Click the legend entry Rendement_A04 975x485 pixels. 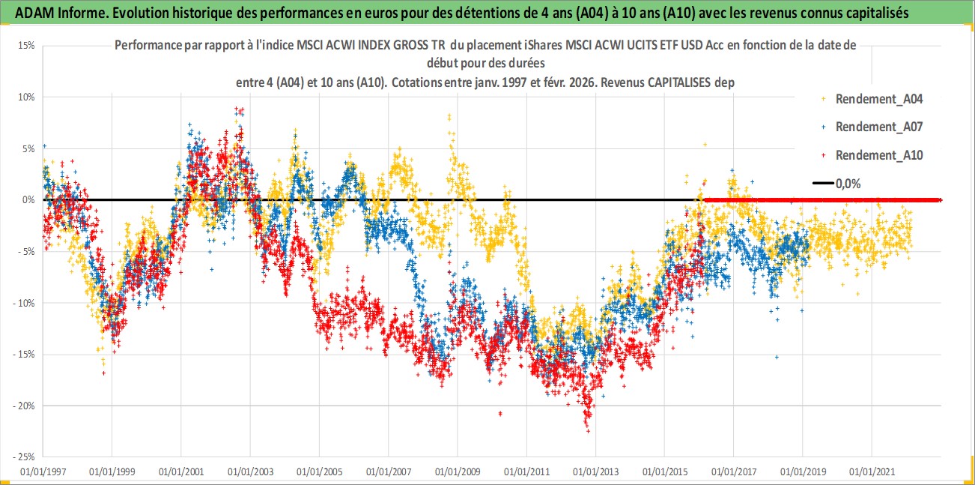pos(878,98)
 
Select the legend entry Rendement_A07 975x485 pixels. pos(878,127)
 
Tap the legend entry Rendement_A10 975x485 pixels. pos(878,155)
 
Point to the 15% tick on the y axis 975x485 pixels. pos(25,45)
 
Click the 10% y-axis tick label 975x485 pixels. pos(25,97)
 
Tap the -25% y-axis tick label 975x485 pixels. pos(24,457)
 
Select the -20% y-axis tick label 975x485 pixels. pos(24,406)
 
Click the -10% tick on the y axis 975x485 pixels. pos(24,303)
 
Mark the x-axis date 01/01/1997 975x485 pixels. pos(43,472)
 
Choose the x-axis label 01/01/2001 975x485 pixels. pos(180,472)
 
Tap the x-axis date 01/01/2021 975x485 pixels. pos(872,472)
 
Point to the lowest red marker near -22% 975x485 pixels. pos(588,431)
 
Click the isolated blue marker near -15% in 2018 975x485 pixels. pos(777,357)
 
